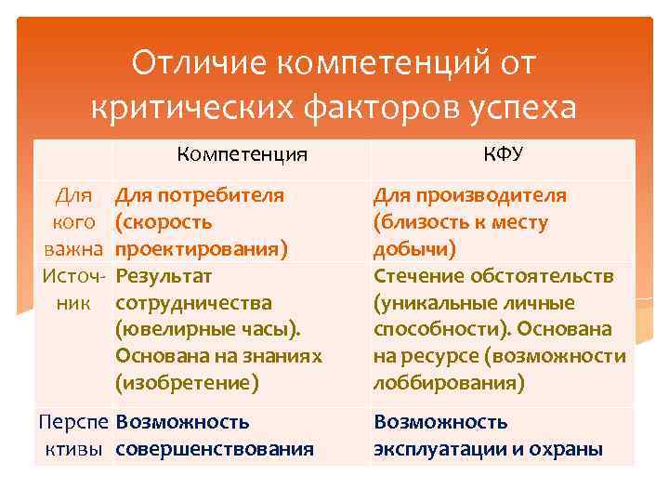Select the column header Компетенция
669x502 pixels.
[x=242, y=154]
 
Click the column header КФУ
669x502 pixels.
[x=503, y=154]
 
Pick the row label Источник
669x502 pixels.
[x=73, y=289]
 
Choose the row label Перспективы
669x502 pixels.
[x=73, y=435]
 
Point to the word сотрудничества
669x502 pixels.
[x=193, y=303]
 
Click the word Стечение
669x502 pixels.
[x=415, y=276]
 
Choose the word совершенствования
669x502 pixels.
[x=214, y=449]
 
